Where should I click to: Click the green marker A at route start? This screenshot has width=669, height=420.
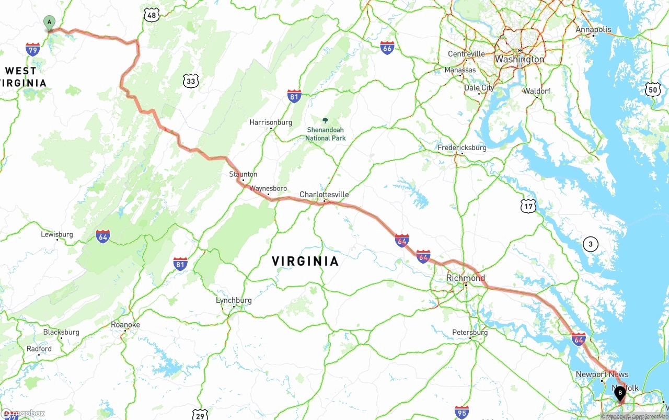click(x=49, y=22)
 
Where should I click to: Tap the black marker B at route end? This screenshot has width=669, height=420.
click(x=620, y=393)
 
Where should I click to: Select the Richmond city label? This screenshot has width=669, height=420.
click(x=465, y=278)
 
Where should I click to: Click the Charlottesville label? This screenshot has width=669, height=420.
click(x=324, y=195)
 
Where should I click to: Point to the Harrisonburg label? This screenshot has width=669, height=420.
click(x=271, y=122)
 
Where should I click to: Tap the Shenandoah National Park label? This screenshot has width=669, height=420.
click(x=326, y=134)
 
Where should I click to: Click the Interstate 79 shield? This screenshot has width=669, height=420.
click(x=33, y=50)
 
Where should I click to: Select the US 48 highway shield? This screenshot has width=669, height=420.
click(x=152, y=15)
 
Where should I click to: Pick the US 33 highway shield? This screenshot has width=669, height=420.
click(x=191, y=81)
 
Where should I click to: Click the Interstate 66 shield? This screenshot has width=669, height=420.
click(x=387, y=48)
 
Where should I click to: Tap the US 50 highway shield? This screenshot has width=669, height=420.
click(x=653, y=89)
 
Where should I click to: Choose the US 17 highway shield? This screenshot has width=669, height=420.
click(x=528, y=206)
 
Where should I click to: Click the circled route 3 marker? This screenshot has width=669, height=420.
click(x=591, y=244)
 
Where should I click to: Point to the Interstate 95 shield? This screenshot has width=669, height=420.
click(x=462, y=412)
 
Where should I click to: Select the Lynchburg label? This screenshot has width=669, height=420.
click(x=234, y=300)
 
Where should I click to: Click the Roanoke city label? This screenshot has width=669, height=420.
click(x=125, y=325)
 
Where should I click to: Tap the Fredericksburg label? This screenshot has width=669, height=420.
click(x=462, y=147)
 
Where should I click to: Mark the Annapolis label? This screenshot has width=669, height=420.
click(x=593, y=29)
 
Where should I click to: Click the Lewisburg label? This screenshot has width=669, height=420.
click(x=57, y=234)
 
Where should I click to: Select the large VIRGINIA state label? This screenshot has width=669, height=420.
click(x=305, y=261)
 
